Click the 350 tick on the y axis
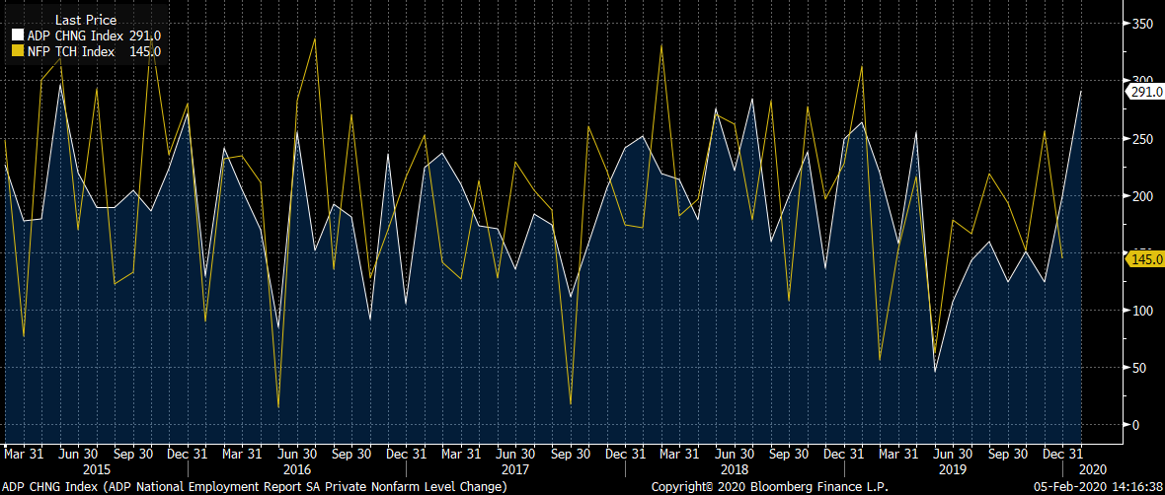pyautogui.click(x=1143, y=24)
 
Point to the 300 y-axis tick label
pyautogui.click(x=1143, y=81)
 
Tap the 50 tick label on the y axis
pyautogui.click(x=1139, y=368)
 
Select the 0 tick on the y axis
pyautogui.click(x=1135, y=425)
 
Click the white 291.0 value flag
pyautogui.click(x=1144, y=92)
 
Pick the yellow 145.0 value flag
pyautogui.click(x=1144, y=258)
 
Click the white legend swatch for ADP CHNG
pyautogui.click(x=17, y=36)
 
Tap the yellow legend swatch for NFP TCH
pyautogui.click(x=17, y=52)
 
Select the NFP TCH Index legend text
pyautogui.click(x=71, y=52)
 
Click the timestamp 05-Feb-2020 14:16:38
pyautogui.click(x=1096, y=487)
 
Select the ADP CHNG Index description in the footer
pyautogui.click(x=256, y=487)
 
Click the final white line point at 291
pyautogui.click(x=1082, y=92)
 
